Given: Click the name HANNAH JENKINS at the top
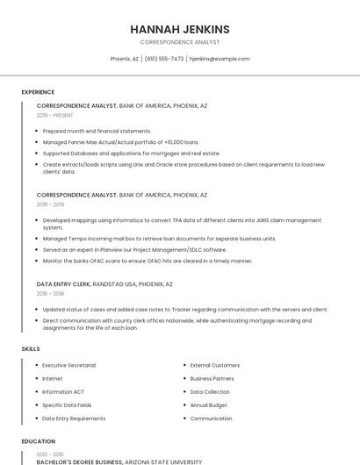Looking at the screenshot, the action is (180, 29).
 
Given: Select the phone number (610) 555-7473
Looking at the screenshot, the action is (164, 59).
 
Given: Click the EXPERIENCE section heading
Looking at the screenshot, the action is (38, 92).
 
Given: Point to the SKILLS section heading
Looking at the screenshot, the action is (31, 349).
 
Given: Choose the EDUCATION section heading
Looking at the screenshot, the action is (38, 441).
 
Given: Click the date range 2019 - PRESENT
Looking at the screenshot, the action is (55, 115).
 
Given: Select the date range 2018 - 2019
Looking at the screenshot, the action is (50, 204).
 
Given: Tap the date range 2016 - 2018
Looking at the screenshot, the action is (50, 294).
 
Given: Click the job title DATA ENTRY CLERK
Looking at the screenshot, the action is (63, 284).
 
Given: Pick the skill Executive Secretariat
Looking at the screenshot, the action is (69, 365).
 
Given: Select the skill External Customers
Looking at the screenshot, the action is (215, 365).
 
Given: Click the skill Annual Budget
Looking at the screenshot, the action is (209, 405).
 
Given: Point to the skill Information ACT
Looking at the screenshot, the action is (63, 392).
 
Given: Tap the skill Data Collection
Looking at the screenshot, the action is (210, 392).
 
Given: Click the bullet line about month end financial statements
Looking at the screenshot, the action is (97, 131).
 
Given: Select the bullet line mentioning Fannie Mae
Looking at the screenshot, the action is (120, 142).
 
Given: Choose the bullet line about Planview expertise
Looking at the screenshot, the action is (134, 249).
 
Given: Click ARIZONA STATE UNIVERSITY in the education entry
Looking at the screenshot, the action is (163, 461).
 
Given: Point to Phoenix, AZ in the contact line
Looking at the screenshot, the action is (124, 59).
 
